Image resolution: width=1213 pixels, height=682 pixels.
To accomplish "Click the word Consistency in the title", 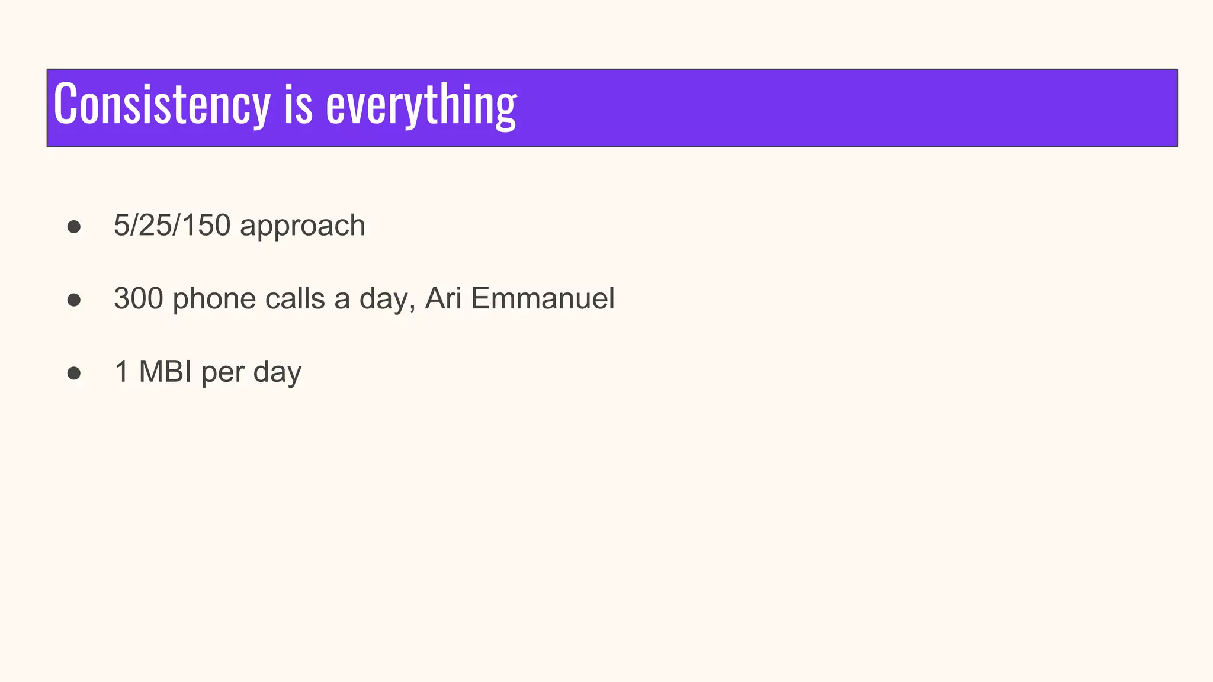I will point(162,105).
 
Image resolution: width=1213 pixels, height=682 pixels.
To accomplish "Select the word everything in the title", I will point(421,107).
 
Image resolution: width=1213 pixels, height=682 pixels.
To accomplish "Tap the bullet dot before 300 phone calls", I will point(74,300).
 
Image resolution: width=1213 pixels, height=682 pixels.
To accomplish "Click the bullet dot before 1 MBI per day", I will point(74,374).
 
